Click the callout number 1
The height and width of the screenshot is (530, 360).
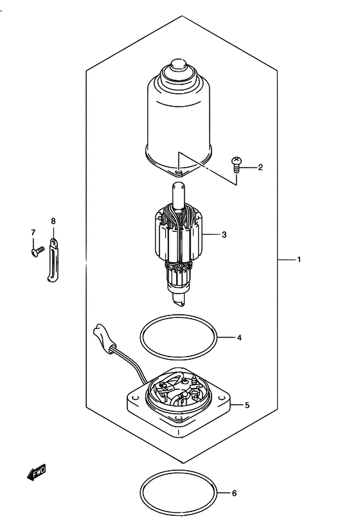click(299, 260)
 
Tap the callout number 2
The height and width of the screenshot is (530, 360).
click(260, 167)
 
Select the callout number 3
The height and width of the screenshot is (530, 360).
click(224, 234)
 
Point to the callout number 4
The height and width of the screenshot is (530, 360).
click(239, 338)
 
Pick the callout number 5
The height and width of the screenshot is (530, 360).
click(247, 405)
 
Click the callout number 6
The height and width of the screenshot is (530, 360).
click(234, 493)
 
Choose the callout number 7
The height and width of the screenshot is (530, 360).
click(33, 232)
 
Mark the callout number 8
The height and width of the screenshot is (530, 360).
click(53, 221)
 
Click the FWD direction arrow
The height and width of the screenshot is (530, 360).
click(36, 472)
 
